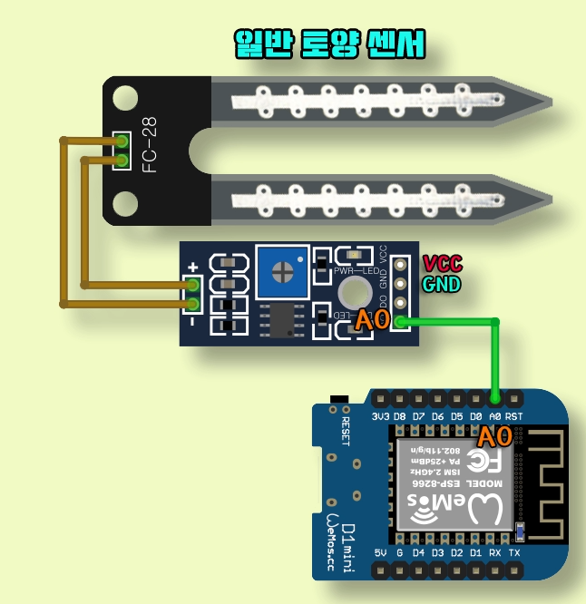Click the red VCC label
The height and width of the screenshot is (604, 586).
pos(442,264)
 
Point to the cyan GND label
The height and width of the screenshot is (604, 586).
pos(442,284)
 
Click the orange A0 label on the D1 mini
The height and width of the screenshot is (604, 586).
pos(494,438)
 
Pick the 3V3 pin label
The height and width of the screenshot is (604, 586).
pos(382,416)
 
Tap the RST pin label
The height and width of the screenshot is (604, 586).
pos(514,416)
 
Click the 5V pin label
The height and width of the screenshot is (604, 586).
pos(381,552)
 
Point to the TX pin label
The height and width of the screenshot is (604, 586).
pos(514,552)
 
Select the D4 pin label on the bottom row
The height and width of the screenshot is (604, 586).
pos(419,552)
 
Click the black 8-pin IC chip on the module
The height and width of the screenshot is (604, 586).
pos(281,319)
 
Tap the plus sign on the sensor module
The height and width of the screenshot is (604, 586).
pos(192,268)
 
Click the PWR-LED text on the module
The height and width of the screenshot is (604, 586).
pos(356,271)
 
